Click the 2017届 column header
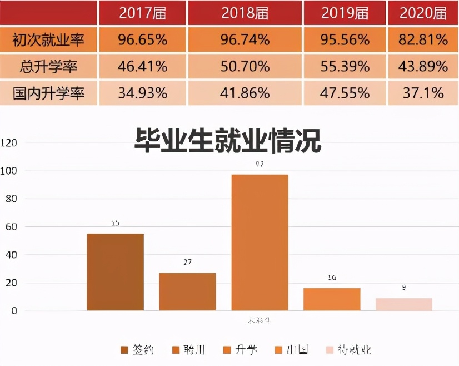click(143, 13)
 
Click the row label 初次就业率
click(49, 40)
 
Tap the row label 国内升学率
click(49, 93)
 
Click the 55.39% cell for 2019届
click(345, 67)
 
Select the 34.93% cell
click(143, 93)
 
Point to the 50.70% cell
click(245, 67)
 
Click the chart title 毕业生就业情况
click(228, 141)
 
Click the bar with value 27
click(187, 291)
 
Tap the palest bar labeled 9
click(404, 304)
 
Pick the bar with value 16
click(332, 299)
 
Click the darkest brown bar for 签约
click(115, 272)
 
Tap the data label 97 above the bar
click(259, 164)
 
